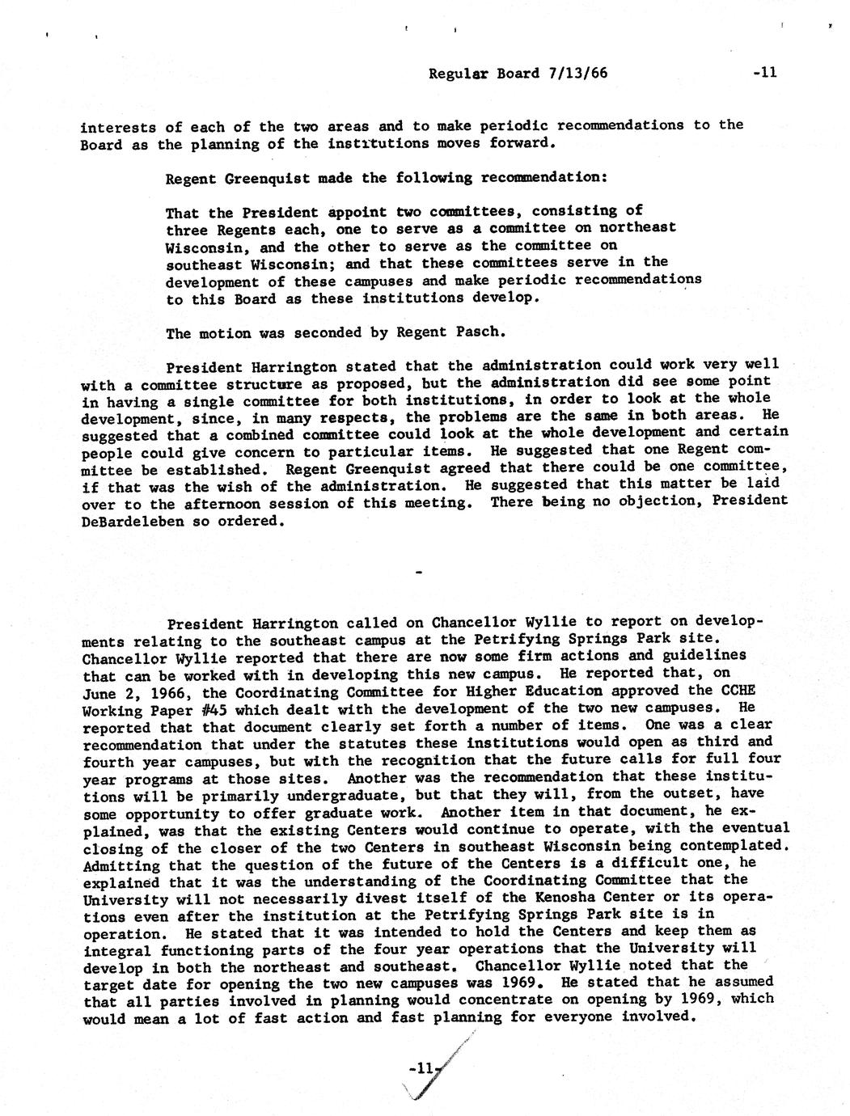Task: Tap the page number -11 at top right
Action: click(764, 73)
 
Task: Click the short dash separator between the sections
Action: click(418, 573)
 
